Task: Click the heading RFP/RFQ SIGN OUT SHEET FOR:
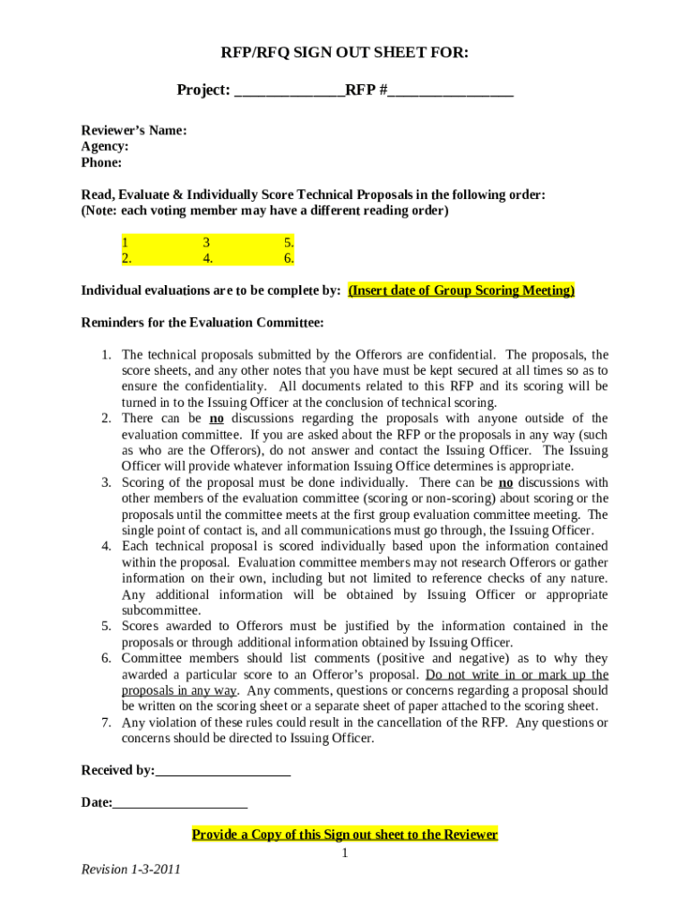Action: [345, 54]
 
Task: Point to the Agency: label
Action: [105, 147]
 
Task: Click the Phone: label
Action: [101, 163]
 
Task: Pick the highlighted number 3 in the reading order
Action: [206, 243]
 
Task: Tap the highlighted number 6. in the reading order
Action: [289, 259]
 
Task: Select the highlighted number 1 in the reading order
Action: [125, 243]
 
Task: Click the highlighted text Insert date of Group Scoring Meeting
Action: [461, 290]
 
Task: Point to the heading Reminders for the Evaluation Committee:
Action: [203, 323]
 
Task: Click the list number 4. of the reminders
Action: [106, 547]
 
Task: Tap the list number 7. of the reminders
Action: [106, 723]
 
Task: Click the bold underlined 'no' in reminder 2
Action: [216, 419]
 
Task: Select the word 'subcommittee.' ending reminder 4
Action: [149, 611]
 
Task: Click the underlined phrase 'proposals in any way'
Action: [179, 691]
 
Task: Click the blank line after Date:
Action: [180, 803]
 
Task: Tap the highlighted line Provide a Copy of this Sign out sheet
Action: [345, 836]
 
